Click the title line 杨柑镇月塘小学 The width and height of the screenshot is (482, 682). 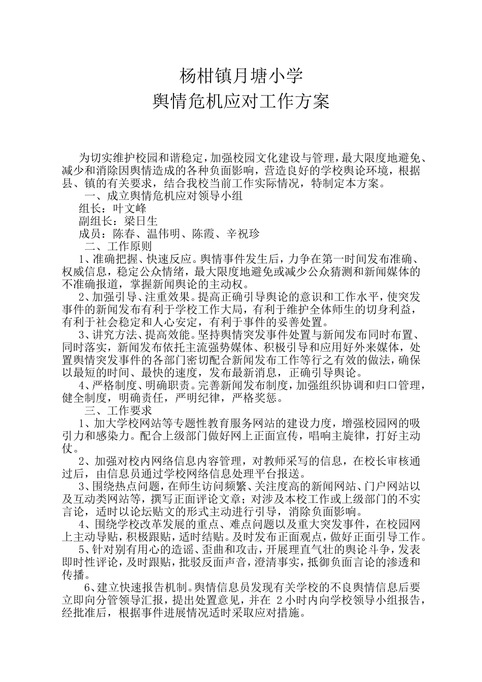241,76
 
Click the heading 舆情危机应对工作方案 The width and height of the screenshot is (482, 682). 241,101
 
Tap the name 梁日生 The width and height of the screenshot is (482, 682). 141,221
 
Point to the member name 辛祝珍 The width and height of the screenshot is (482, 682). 243,234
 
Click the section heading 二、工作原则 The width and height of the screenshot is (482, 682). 118,247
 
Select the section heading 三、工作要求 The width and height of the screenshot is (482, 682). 118,410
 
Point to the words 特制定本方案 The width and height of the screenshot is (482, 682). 345,183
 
